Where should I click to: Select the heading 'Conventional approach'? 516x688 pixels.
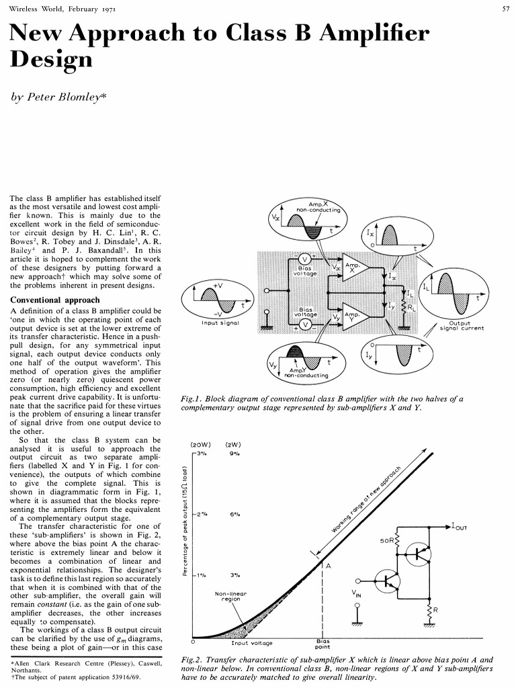pos(55,300)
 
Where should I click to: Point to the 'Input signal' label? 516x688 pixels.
pos(220,322)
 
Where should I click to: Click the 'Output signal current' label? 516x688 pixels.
pos(460,325)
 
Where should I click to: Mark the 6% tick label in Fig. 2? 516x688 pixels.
pos(235,515)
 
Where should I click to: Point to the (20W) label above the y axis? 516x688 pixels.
pos(202,444)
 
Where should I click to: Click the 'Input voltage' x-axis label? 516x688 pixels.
pos(252,643)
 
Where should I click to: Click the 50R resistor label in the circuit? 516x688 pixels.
pos(388,540)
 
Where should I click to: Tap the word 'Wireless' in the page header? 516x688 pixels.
pos(22,8)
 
